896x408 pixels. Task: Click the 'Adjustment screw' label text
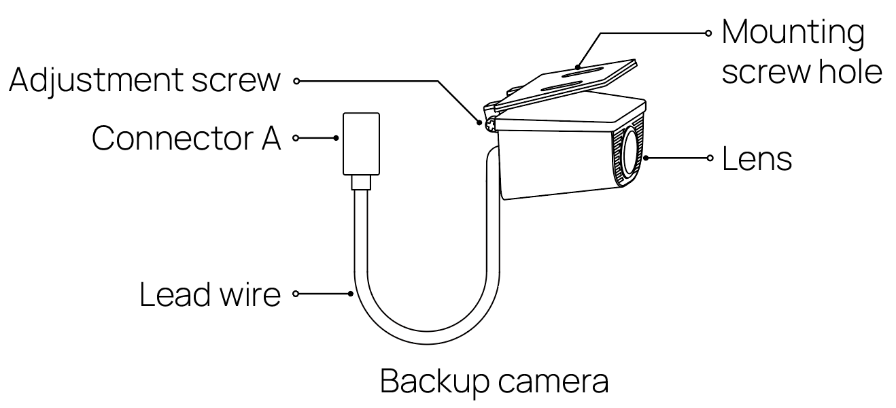coord(145,80)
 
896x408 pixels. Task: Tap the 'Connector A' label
coord(186,139)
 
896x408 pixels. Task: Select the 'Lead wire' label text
coord(210,294)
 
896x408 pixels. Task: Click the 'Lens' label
coord(757,159)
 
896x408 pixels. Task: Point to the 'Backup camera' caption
coord(494,382)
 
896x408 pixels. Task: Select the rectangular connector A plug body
coord(361,144)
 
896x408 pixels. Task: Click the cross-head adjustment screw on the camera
coord(490,125)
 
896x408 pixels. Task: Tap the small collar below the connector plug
coord(361,182)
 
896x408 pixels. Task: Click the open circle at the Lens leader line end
coord(710,158)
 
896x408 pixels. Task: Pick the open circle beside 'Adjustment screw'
coord(296,81)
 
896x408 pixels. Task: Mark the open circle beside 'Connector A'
coord(296,138)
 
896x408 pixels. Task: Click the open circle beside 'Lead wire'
coord(296,294)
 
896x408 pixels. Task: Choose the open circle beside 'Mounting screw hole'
coord(708,33)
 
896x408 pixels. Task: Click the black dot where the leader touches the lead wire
coord(350,294)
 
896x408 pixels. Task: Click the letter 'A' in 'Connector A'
coord(271,139)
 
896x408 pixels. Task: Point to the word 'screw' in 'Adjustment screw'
coord(237,82)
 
